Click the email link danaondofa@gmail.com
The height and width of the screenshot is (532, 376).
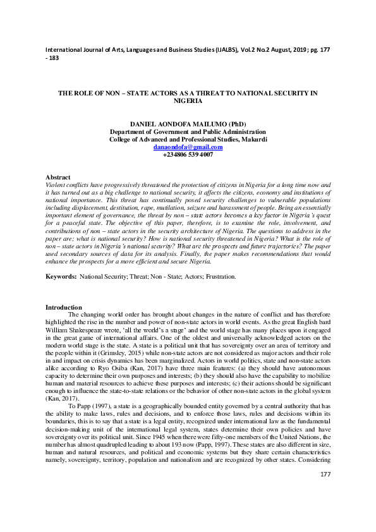tap(188, 147)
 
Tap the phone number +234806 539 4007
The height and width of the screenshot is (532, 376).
tap(188, 154)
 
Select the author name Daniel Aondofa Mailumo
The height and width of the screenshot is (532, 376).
tap(188, 124)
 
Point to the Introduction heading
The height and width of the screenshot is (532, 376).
tap(64, 307)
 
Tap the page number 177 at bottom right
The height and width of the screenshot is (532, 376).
tap(325, 492)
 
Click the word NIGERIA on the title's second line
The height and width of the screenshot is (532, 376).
tap(188, 100)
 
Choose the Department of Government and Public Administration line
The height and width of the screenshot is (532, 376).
tap(188, 131)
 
